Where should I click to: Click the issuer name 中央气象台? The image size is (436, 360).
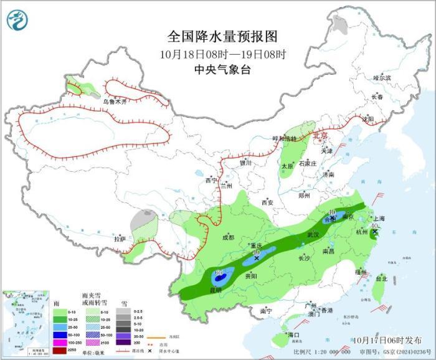tap(222, 70)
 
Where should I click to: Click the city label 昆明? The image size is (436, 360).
tap(214, 290)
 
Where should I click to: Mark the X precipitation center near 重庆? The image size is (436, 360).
tap(257, 258)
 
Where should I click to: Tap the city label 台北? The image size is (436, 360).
tap(380, 279)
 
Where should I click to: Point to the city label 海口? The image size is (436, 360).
tap(293, 335)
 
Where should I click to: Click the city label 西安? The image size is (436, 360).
tap(267, 202)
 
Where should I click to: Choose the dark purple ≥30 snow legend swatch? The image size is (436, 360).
tap(125, 342)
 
